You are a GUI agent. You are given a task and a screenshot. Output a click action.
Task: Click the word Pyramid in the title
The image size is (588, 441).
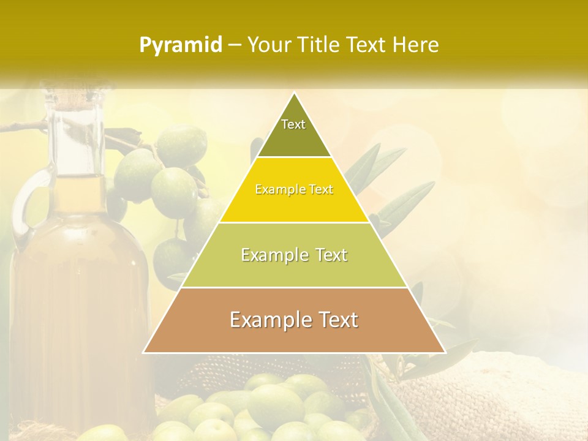(180, 45)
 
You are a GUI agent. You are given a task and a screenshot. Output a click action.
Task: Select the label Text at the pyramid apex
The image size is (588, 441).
(293, 124)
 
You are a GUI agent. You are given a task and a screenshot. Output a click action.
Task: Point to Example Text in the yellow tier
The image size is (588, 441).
(294, 190)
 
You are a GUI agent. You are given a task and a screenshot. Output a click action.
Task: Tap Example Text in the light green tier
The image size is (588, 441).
(294, 255)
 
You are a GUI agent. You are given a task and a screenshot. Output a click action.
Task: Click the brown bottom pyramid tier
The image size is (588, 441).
(294, 337)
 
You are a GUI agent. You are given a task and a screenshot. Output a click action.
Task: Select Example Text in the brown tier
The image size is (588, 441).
(294, 320)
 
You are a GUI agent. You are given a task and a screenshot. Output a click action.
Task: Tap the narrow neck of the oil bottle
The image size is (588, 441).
(77, 141)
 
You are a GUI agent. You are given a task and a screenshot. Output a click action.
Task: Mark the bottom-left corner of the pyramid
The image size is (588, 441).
(144, 352)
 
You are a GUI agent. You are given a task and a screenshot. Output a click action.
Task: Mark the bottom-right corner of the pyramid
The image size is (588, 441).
(445, 352)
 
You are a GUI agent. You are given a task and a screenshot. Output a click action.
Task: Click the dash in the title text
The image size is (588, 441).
(234, 45)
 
